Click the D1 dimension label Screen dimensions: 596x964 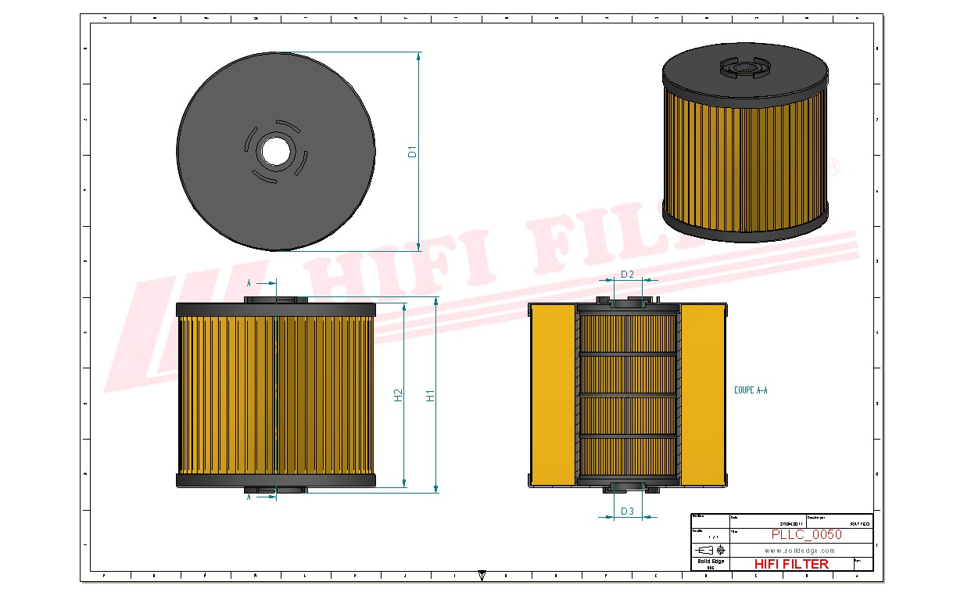(x=412, y=151)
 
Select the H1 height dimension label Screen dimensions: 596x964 (x=429, y=396)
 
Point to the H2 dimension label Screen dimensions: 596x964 (x=398, y=396)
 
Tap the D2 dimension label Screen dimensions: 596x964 (x=627, y=274)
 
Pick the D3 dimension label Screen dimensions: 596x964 (x=627, y=512)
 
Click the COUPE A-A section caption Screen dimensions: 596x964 (x=751, y=390)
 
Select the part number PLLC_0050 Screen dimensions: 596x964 (x=806, y=535)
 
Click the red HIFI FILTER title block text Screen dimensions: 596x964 (x=790, y=564)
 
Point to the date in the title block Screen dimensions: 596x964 (x=790, y=524)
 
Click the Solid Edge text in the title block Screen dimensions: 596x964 (x=710, y=562)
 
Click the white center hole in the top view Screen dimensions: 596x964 (x=275, y=151)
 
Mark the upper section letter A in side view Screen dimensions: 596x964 (x=249, y=282)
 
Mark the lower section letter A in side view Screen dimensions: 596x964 (x=249, y=497)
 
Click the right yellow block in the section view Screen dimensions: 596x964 (x=703, y=395)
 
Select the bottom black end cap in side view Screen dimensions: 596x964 (x=276, y=480)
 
